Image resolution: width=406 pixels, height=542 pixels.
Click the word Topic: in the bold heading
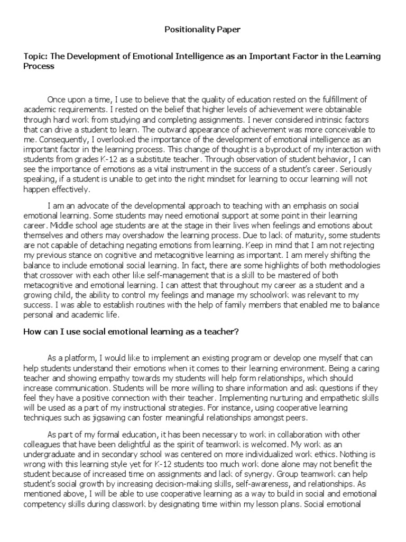tap(36, 56)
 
